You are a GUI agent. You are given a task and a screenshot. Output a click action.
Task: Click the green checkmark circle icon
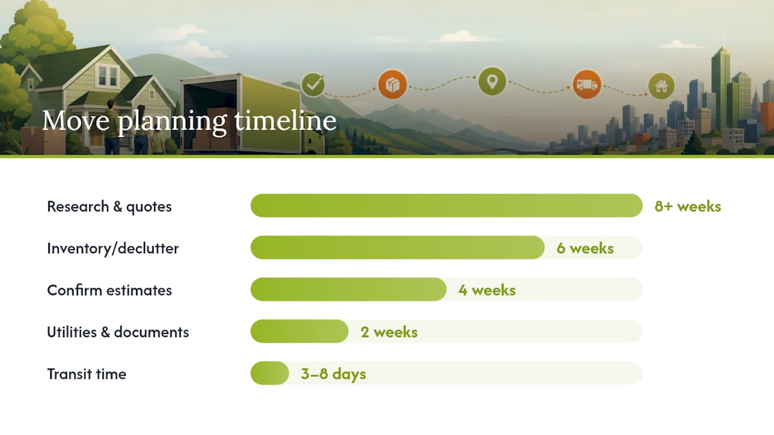313,85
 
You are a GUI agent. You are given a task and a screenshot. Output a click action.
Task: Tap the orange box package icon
392,85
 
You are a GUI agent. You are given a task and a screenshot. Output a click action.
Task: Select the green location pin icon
492,82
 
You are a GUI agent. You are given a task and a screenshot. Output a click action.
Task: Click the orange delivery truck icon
587,84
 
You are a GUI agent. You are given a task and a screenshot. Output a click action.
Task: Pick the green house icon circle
662,86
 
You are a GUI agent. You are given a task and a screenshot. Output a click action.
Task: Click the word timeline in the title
285,120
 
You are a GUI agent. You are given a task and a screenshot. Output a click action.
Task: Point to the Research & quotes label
109,207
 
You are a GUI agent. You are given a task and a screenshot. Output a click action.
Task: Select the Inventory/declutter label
113,248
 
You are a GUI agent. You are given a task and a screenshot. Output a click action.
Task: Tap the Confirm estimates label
109,290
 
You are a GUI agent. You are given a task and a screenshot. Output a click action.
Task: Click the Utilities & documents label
118,332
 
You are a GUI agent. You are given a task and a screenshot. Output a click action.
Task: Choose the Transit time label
86,374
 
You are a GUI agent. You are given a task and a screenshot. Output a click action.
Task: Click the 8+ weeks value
688,206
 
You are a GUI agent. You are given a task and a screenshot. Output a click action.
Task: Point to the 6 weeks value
585,248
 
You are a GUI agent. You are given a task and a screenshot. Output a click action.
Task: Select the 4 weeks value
487,290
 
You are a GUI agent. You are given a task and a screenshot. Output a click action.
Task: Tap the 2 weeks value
389,332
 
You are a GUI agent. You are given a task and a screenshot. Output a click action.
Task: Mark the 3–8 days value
333,374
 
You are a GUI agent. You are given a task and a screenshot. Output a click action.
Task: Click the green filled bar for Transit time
270,373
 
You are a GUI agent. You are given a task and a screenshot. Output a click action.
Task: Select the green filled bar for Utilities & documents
299,332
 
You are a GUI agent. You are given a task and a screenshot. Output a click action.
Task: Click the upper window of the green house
108,76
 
